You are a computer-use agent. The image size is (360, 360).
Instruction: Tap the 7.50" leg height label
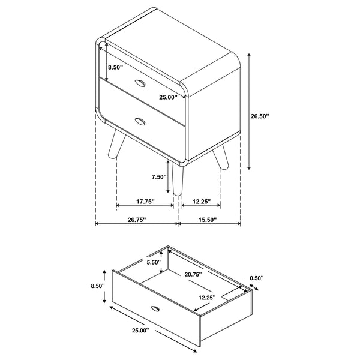[x=158, y=176]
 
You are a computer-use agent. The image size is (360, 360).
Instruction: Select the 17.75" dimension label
[x=145, y=201]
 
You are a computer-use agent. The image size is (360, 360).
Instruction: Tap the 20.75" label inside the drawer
[x=193, y=274]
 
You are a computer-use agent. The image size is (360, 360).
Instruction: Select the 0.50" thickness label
[x=257, y=278]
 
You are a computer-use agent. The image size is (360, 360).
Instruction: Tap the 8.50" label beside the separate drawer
[x=97, y=286]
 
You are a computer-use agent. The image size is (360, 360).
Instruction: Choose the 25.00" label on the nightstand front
[x=168, y=97]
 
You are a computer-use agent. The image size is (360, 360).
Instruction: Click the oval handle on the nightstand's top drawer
[x=140, y=82]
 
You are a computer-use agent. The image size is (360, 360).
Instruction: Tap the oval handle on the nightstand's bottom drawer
[x=140, y=122]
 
